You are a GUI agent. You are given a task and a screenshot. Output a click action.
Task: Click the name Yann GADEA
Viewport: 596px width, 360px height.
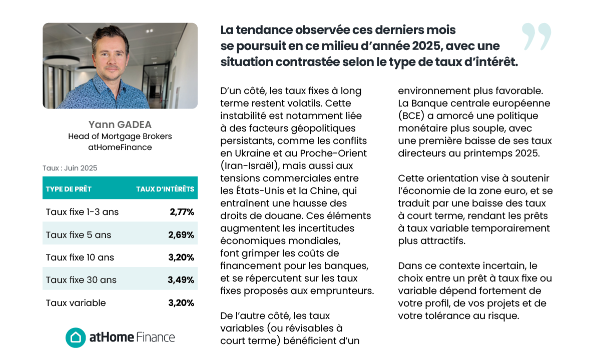point(120,124)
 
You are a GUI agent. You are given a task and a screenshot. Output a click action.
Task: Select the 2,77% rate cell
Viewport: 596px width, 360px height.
point(182,212)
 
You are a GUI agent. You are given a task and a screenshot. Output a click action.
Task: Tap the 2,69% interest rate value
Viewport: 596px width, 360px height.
point(182,235)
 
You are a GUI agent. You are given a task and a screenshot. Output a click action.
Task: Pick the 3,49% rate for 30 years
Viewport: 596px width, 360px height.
point(181,280)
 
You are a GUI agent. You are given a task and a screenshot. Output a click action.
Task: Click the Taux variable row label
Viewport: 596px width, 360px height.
point(76,303)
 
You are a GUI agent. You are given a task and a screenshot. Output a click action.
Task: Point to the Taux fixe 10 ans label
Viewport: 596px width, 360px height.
point(80,257)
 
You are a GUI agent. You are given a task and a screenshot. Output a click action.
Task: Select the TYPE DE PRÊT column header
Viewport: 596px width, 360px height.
point(69,189)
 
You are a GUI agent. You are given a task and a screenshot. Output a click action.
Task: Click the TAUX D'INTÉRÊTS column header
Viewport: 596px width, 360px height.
point(165,189)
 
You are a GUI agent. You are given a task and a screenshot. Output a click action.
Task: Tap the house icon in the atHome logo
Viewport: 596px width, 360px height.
point(76,337)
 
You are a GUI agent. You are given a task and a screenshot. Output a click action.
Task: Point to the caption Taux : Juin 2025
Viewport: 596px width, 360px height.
point(70,168)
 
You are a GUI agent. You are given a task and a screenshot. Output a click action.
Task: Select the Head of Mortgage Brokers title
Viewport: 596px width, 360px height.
point(120,136)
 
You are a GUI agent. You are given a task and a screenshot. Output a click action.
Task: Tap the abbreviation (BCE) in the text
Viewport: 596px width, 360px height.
point(411,116)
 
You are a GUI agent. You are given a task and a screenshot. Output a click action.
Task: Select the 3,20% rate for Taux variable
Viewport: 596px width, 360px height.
point(182,303)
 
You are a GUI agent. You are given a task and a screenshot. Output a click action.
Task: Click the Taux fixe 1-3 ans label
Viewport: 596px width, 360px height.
point(82,212)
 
